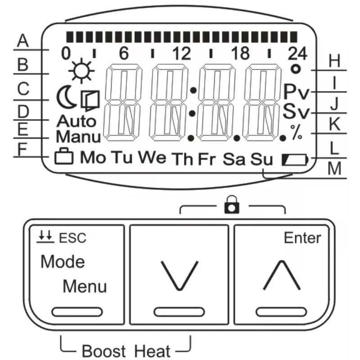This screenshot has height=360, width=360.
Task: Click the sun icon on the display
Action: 81,71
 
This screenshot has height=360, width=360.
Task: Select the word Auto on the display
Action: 76,121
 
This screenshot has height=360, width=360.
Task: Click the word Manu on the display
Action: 78,137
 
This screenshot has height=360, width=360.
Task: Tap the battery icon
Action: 295,160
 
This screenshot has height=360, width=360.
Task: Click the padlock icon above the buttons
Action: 232,205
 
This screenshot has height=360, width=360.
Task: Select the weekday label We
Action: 152,157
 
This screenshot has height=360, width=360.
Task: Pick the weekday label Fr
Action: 207,159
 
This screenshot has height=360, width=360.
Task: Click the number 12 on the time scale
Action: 182,54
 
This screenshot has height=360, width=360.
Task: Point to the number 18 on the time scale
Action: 240,54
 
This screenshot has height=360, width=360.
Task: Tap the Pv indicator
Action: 297,92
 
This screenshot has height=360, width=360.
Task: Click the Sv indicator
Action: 296,111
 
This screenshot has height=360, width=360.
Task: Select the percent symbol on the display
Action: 297,132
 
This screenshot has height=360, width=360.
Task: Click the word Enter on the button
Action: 302,238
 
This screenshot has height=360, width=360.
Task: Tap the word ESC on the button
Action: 72,238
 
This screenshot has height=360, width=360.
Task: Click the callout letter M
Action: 334,169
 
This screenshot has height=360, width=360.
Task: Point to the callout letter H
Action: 334,61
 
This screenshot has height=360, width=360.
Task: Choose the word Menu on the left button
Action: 85,286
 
